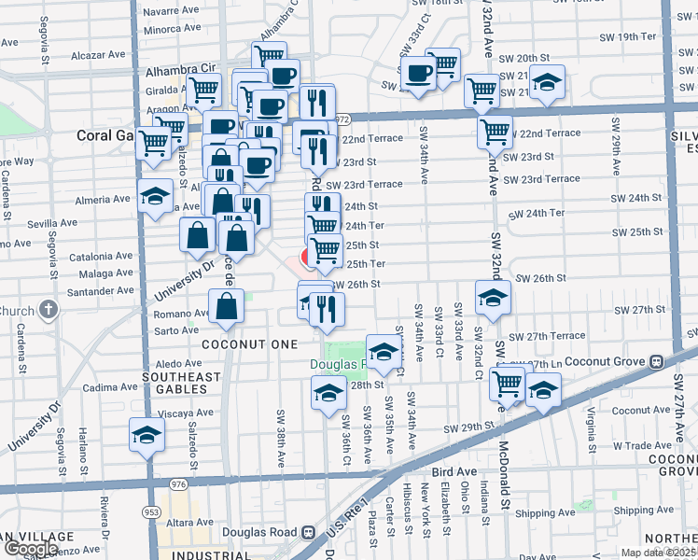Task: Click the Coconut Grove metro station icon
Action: click(x=656, y=361)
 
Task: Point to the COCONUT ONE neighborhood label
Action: click(x=243, y=343)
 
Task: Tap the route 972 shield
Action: click(x=343, y=119)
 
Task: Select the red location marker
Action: click(x=309, y=257)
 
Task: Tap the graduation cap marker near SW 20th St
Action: click(x=550, y=83)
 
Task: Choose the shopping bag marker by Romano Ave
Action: click(x=227, y=306)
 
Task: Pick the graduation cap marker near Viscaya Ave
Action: click(x=146, y=436)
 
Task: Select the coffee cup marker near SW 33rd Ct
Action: click(x=420, y=73)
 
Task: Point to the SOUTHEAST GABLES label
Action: click(x=181, y=384)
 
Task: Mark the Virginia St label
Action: click(x=591, y=427)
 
